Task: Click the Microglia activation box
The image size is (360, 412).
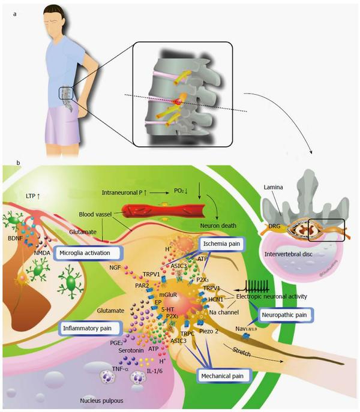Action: point(89,252)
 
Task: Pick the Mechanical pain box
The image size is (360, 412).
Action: point(223,376)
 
